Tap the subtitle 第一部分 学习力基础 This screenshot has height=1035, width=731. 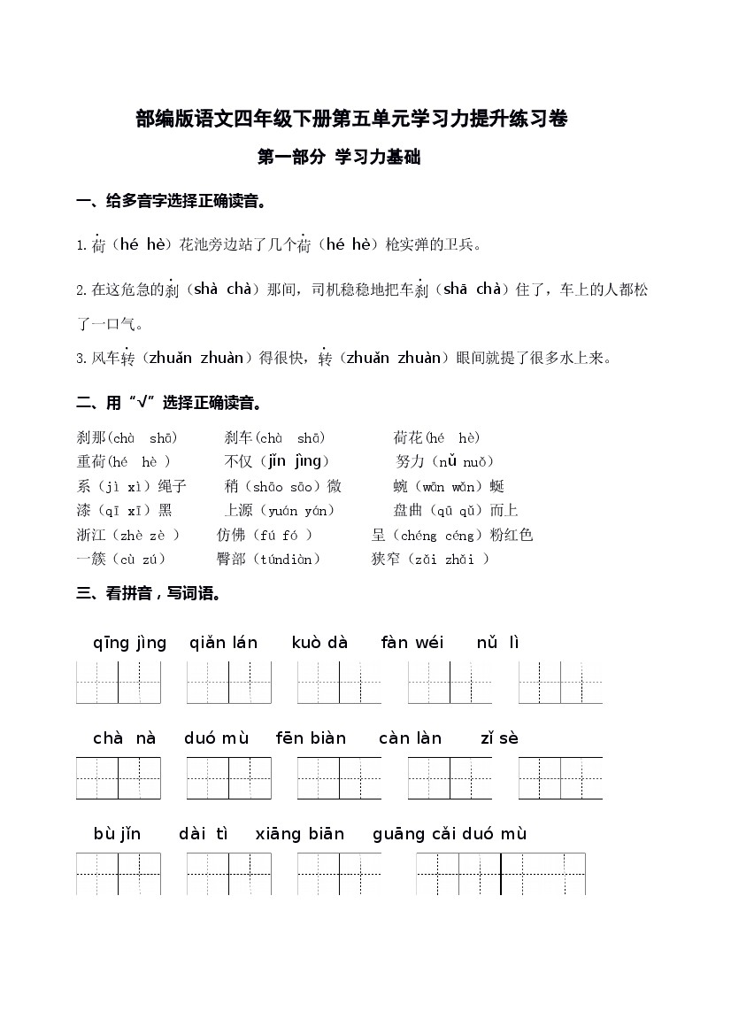point(338,158)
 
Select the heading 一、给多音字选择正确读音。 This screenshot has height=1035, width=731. point(172,202)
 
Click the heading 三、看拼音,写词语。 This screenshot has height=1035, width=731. point(149,594)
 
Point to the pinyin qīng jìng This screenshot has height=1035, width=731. point(129,644)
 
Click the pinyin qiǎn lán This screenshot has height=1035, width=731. point(223,644)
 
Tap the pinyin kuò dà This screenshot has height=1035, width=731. point(319,644)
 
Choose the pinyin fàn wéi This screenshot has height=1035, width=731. point(412,644)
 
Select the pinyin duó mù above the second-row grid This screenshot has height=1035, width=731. point(217,738)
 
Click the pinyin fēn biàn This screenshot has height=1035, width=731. point(311,738)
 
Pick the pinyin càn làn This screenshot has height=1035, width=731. point(410,738)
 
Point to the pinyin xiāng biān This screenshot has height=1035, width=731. point(299,834)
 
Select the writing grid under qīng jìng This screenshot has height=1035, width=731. point(119,682)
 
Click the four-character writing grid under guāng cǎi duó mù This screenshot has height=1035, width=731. point(501,873)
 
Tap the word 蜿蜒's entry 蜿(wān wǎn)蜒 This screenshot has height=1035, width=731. point(449,486)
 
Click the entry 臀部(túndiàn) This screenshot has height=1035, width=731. point(268,559)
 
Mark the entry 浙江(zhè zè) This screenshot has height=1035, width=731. point(128,535)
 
